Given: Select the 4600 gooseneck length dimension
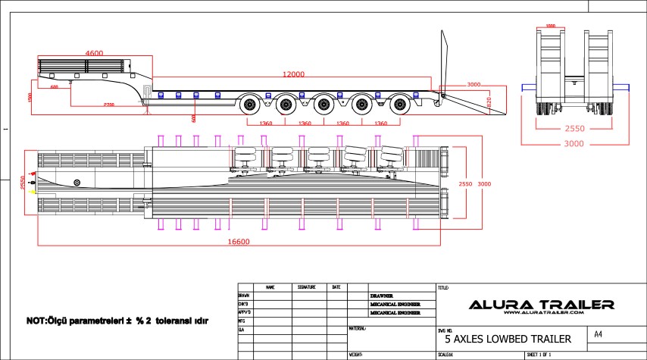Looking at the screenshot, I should (94, 53).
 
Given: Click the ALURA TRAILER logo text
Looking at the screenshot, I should (541, 304).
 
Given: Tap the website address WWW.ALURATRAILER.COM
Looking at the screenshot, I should (541, 313).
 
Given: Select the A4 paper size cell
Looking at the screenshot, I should (599, 334).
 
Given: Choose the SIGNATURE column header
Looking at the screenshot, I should (307, 288).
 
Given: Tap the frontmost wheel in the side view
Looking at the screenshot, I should (250, 105).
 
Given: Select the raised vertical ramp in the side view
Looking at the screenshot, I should (443, 61).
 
